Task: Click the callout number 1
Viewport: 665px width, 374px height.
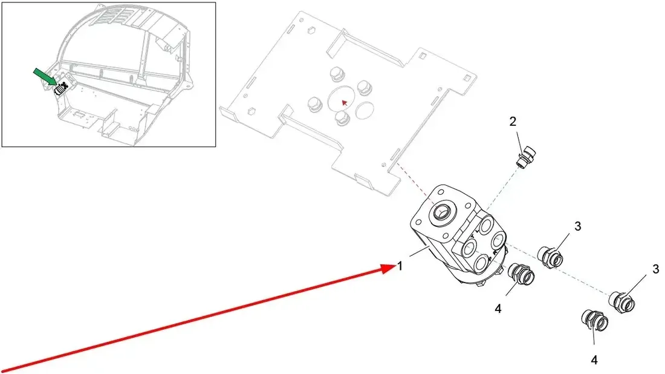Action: [x=400, y=266]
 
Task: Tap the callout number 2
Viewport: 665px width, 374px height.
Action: [x=513, y=122]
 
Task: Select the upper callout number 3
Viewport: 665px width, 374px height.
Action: [x=577, y=226]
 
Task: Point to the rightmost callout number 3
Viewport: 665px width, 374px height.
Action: [x=656, y=269]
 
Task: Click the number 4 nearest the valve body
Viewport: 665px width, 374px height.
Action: [x=498, y=309]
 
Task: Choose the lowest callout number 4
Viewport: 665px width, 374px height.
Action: [x=594, y=360]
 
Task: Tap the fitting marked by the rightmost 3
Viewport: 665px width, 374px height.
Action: [x=622, y=303]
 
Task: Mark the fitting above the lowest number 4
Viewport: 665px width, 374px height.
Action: [x=594, y=322]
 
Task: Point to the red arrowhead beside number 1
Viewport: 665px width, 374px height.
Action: [x=388, y=269]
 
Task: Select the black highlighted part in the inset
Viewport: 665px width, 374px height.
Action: [x=62, y=88]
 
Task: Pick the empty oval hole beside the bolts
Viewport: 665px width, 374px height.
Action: [x=365, y=110]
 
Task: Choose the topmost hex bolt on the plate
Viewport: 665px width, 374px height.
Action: [x=336, y=76]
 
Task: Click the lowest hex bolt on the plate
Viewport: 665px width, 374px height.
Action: [x=342, y=118]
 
